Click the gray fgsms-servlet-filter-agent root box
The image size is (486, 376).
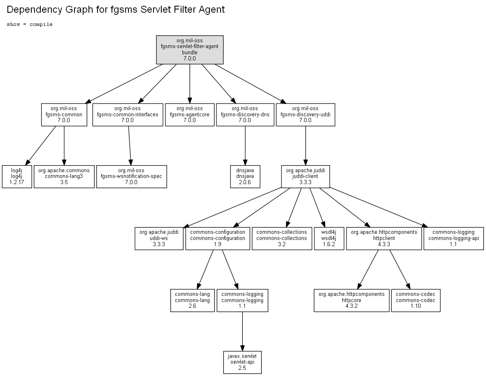(x=190, y=50)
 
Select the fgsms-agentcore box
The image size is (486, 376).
(x=190, y=115)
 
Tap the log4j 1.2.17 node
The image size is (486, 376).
(x=17, y=176)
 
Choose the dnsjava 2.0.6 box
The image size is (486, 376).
(x=245, y=176)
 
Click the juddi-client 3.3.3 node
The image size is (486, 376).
(x=305, y=176)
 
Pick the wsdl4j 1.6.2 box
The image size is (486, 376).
(x=329, y=238)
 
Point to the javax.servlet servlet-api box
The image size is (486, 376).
(x=242, y=362)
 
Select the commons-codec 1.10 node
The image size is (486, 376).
(x=416, y=300)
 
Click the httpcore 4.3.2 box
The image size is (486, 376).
(x=351, y=300)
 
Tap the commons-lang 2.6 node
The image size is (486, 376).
(x=193, y=300)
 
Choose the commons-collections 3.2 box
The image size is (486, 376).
(x=282, y=238)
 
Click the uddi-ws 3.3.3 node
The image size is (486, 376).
(x=159, y=238)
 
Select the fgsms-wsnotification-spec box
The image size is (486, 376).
(x=131, y=176)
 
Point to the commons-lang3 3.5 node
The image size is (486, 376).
(x=64, y=176)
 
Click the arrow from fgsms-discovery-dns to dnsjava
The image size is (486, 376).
(x=245, y=146)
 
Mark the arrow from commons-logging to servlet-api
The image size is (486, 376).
(x=242, y=332)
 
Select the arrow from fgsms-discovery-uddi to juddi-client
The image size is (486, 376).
(x=306, y=146)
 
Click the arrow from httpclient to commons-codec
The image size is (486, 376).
(x=400, y=270)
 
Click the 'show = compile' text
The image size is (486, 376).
(x=30, y=24)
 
